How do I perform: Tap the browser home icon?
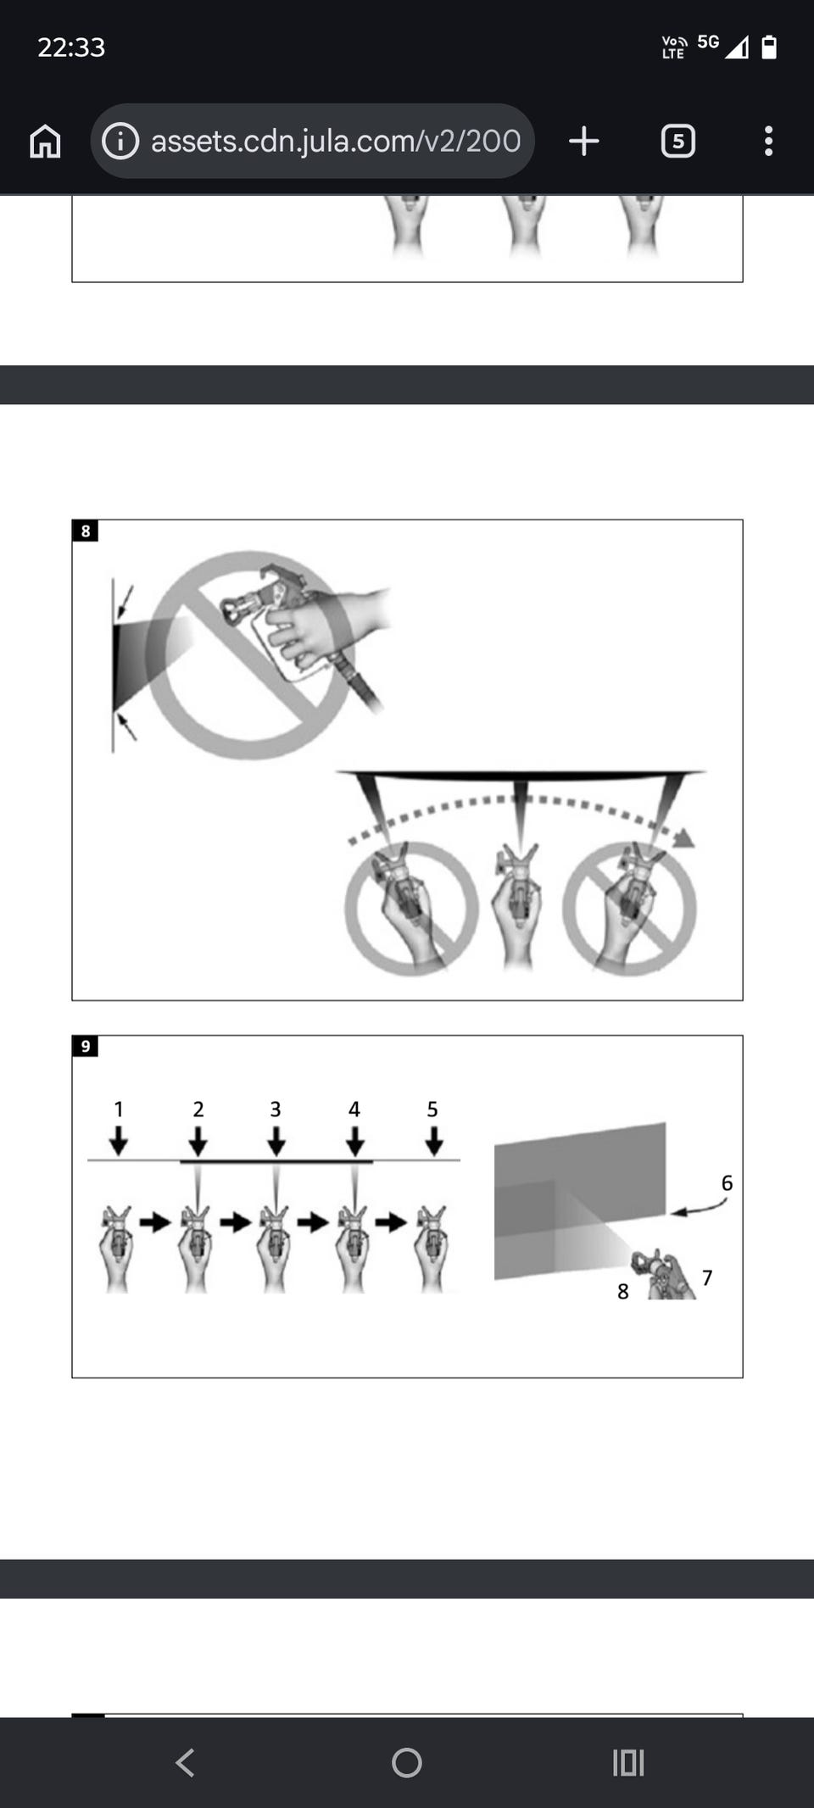[45, 141]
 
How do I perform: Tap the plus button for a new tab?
[584, 141]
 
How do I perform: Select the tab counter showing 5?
[678, 141]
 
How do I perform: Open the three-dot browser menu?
[768, 141]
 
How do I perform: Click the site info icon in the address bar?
[120, 141]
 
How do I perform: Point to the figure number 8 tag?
[85, 531]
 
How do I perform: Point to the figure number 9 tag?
[85, 1046]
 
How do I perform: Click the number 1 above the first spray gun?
[119, 1109]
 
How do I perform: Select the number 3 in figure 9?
[276, 1109]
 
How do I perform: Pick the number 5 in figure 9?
[432, 1109]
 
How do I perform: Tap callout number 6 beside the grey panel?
[727, 1182]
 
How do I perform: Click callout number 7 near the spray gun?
[707, 1277]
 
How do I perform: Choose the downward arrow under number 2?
[198, 1140]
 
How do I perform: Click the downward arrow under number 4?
[355, 1140]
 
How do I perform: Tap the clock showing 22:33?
[71, 47]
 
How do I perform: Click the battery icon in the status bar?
[769, 47]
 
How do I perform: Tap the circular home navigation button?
[407, 1763]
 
